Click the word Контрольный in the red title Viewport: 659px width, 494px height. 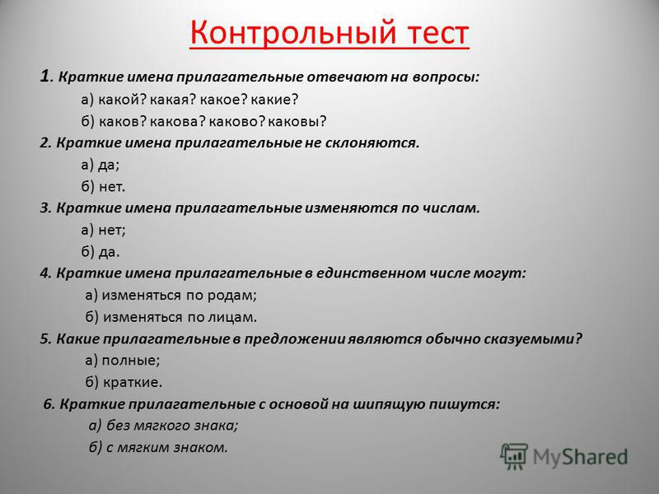[292, 34]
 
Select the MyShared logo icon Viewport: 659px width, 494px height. [513, 456]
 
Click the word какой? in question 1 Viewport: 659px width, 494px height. [122, 100]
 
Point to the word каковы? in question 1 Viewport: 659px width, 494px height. [297, 121]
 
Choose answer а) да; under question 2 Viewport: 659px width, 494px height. [100, 165]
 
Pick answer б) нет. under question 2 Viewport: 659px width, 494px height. [104, 186]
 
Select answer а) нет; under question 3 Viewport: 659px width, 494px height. [104, 230]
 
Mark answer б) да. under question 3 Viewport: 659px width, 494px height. [100, 252]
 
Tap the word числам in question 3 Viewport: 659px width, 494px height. [448, 208]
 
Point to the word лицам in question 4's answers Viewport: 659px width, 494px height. [232, 317]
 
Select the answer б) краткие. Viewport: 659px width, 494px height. [124, 382]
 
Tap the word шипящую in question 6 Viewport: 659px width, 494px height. [389, 404]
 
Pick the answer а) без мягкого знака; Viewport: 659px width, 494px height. [163, 426]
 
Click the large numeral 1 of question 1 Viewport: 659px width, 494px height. [44, 76]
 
